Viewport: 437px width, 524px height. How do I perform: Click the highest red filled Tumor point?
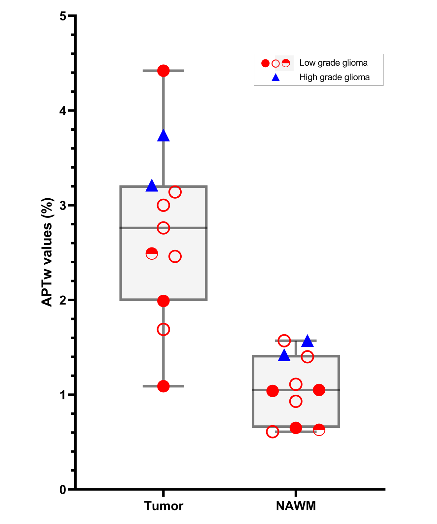[163, 71]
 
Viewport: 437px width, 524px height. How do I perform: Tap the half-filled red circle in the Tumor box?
[152, 253]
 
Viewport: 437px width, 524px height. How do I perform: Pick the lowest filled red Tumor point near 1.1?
[163, 386]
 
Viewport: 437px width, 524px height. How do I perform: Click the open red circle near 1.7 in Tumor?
[163, 329]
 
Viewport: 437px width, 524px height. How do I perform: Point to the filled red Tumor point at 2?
[163, 301]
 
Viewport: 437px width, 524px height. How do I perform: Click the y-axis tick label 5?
[63, 16]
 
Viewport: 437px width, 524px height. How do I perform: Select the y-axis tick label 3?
[63, 206]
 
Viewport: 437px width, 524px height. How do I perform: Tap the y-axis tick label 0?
[63, 490]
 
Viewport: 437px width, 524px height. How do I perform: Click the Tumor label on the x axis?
[164, 506]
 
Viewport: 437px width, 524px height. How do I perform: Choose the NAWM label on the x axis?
[296, 506]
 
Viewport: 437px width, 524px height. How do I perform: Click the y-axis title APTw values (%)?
[47, 252]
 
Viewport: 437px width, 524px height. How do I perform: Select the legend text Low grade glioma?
[333, 63]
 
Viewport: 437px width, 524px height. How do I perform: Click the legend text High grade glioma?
[334, 77]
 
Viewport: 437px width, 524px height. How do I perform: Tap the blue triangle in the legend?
[275, 78]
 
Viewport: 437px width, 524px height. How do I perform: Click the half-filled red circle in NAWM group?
[319, 430]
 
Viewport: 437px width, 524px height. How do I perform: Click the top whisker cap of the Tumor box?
[175, 71]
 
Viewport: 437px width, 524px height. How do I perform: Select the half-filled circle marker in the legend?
[286, 63]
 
